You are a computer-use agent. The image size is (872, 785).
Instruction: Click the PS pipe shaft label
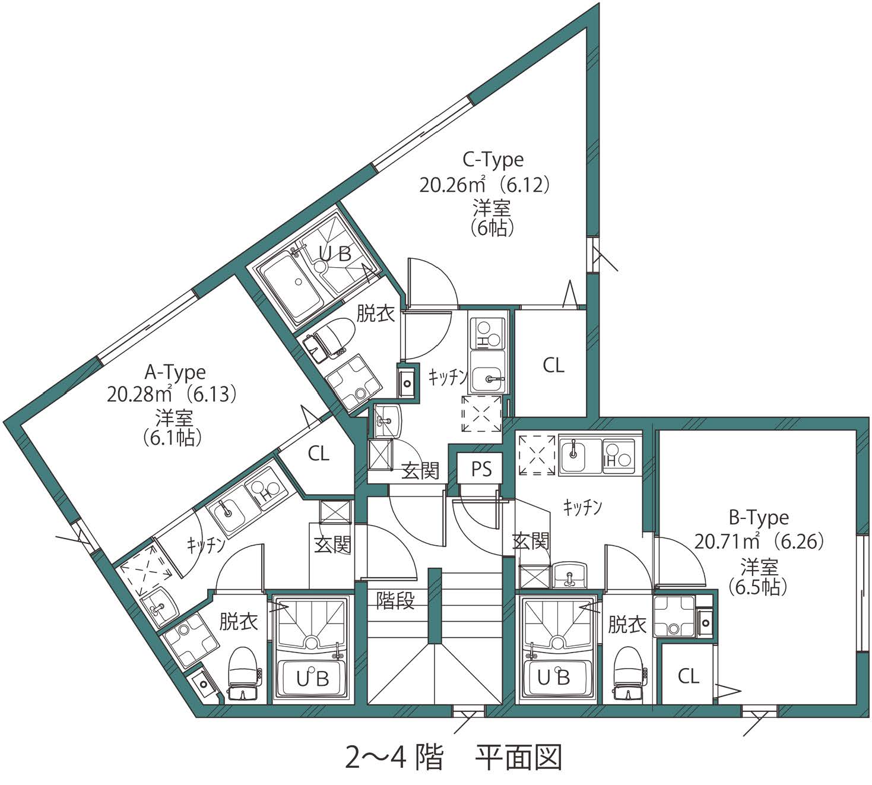(x=481, y=469)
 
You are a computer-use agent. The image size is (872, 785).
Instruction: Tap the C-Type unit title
(x=493, y=160)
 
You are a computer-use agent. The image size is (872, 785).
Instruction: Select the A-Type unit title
(x=175, y=372)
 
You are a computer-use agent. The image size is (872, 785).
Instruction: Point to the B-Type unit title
(x=759, y=518)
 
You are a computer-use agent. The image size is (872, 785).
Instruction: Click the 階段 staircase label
(x=395, y=601)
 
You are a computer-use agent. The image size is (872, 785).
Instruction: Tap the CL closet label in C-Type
(x=553, y=365)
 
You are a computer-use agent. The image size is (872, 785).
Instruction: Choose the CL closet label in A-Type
(x=318, y=454)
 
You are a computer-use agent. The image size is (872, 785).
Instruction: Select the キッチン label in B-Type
(x=582, y=508)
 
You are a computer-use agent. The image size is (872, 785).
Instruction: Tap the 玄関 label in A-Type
(x=332, y=545)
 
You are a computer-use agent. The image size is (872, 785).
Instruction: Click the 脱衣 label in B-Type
(x=627, y=625)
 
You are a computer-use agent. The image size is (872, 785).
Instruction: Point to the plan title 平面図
(x=518, y=757)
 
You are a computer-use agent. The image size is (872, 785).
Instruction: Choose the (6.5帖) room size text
(x=758, y=587)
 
